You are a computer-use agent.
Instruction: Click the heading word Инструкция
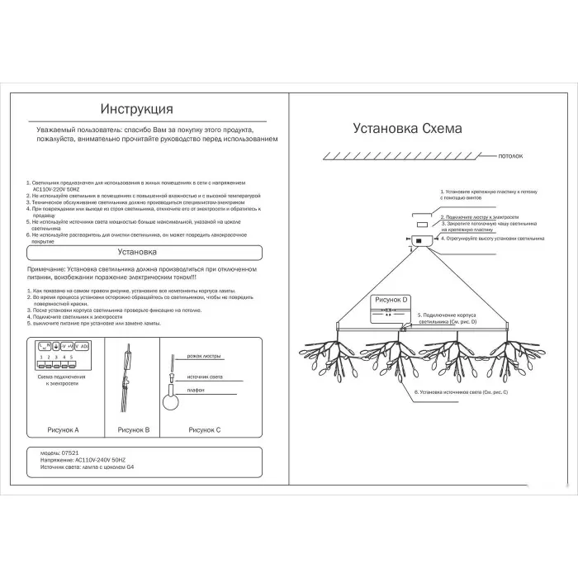click(x=136, y=109)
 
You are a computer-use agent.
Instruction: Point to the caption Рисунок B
click(x=133, y=430)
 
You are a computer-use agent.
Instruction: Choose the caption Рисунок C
click(x=205, y=430)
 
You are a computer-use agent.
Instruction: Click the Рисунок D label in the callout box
click(x=391, y=301)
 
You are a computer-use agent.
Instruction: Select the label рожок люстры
click(x=205, y=356)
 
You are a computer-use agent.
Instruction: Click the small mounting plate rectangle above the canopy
click(x=422, y=225)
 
